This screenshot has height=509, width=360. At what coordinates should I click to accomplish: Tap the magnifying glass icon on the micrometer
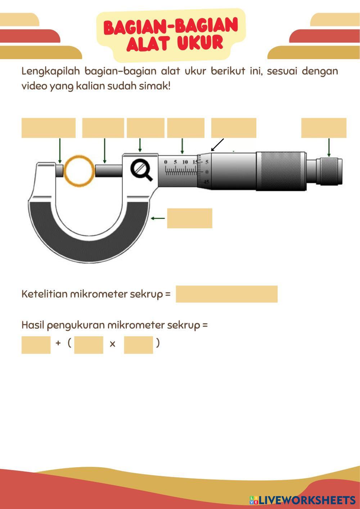[141, 170]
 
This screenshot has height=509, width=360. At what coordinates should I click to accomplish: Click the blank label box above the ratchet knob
[324, 128]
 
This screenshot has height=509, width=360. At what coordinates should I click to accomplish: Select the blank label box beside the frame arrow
[189, 218]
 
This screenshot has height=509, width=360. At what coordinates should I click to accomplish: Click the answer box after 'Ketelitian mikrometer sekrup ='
[226, 294]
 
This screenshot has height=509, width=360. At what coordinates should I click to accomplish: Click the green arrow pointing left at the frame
[158, 218]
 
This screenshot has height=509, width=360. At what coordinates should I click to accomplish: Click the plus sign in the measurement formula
[58, 343]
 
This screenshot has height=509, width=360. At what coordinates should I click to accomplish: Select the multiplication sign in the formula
[113, 344]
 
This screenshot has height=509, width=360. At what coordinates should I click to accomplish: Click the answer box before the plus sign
[36, 345]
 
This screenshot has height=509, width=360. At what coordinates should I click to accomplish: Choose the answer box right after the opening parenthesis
[89, 345]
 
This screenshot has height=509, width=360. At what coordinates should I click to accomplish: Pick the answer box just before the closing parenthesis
[138, 345]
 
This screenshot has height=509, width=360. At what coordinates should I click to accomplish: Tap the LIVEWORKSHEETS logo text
[306, 500]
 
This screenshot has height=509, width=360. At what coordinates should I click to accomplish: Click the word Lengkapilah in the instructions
[50, 71]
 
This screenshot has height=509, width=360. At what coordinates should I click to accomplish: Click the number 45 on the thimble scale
[206, 182]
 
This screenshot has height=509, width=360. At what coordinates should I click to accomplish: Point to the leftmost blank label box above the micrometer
[49, 128]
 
